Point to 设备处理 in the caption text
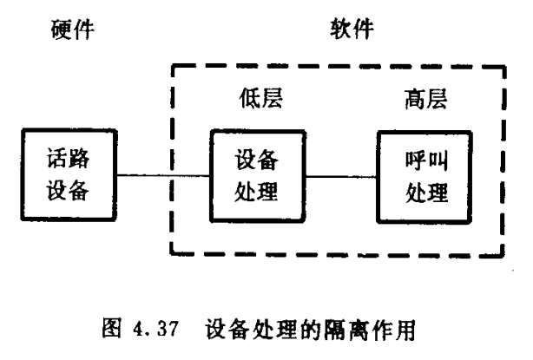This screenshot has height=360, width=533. (253, 331)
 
